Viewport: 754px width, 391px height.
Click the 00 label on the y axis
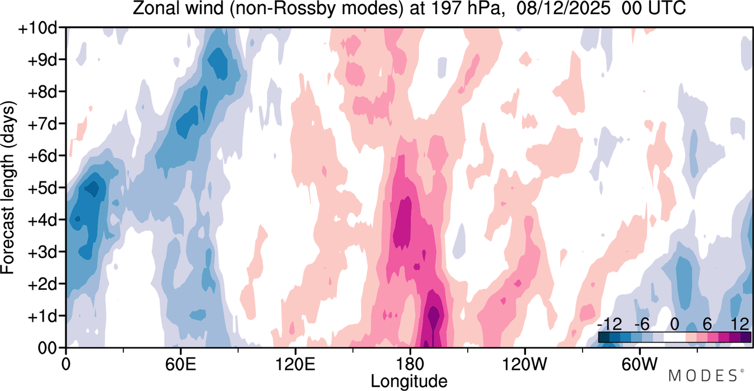[x=48, y=349]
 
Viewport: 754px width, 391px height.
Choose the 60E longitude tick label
[x=180, y=365]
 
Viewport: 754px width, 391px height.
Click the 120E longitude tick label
[x=295, y=365]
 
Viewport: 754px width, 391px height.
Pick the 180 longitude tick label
[x=410, y=365]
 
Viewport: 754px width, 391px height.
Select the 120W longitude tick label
[x=525, y=365]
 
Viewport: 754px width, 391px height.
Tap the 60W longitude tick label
[x=640, y=365]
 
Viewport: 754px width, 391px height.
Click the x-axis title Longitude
[x=409, y=381]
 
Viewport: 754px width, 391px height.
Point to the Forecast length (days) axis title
[x=8, y=187]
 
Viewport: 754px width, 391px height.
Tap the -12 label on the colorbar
[x=609, y=324]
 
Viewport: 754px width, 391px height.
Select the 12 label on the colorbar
[x=740, y=324]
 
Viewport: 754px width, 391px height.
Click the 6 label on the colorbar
[x=707, y=324]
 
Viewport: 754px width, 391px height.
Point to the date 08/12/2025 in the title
[x=563, y=8]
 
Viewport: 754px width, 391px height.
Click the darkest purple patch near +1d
[x=434, y=317]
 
